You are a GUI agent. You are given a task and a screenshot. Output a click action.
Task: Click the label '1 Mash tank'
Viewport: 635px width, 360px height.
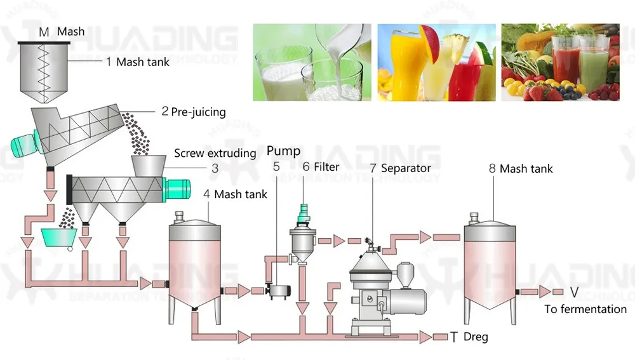pyautogui.click(x=137, y=62)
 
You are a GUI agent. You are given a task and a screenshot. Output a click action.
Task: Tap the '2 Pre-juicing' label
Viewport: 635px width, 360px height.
pyautogui.click(x=193, y=112)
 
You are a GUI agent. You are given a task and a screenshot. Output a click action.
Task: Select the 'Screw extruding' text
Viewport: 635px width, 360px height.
pyautogui.click(x=215, y=153)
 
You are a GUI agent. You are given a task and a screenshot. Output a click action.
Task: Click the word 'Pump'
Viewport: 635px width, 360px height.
pyautogui.click(x=283, y=151)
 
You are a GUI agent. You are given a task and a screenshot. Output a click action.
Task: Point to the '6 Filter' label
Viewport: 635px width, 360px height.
pyautogui.click(x=321, y=167)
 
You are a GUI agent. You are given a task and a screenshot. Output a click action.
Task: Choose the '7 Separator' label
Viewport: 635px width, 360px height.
pyautogui.click(x=400, y=168)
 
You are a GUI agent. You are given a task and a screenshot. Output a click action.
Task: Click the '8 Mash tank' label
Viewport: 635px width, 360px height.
pyautogui.click(x=520, y=169)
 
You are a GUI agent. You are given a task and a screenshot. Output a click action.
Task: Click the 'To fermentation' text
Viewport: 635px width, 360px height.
pyautogui.click(x=585, y=309)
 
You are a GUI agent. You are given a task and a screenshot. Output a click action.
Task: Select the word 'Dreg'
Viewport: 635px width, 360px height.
pyautogui.click(x=476, y=337)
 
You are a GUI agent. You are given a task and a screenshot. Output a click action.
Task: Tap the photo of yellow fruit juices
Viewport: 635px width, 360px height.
pyautogui.click(x=436, y=62)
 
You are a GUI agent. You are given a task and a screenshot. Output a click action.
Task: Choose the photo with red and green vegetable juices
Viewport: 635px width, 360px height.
pyautogui.click(x=560, y=62)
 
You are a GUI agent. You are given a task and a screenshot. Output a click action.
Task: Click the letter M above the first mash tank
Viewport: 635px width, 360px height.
pyautogui.click(x=43, y=32)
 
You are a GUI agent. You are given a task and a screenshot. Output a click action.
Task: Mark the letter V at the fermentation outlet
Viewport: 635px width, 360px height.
pyautogui.click(x=573, y=292)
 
